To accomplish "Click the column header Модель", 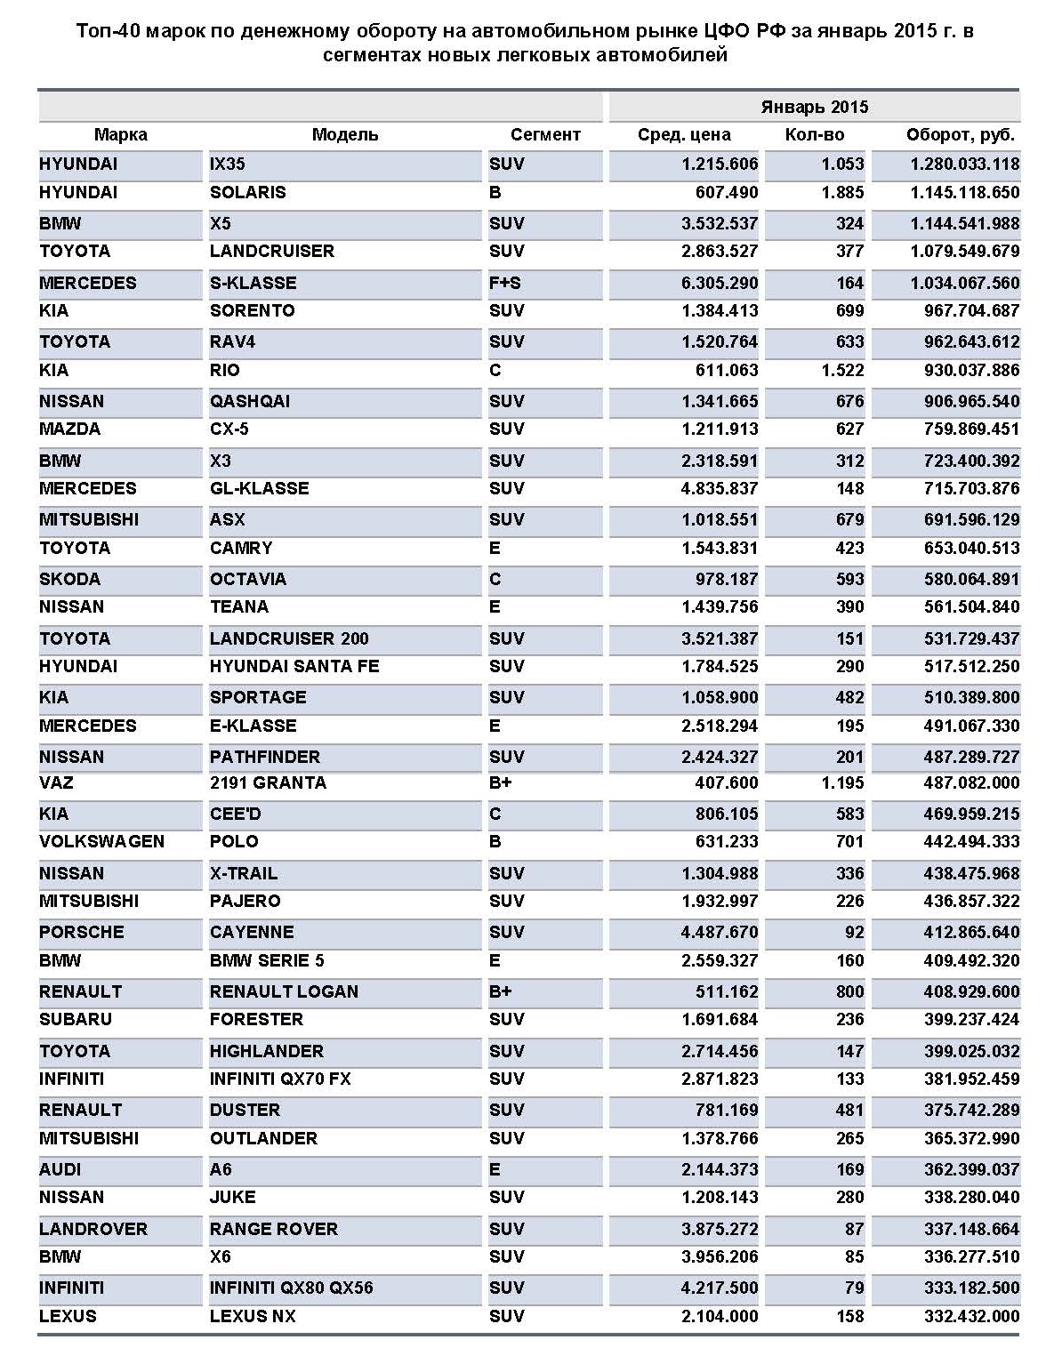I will tap(345, 135).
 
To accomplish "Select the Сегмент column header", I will tap(544, 135).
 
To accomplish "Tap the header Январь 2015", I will tap(814, 108).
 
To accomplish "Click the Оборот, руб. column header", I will tap(960, 135).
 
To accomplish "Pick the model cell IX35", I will tap(228, 164).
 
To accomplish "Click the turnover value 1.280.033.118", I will tap(964, 164).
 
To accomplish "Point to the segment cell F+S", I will tap(505, 284).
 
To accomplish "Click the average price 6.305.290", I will tap(720, 284).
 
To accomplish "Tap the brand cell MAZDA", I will tap(70, 429).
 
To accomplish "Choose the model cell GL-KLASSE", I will tap(260, 489).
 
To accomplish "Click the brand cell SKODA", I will tap(70, 580).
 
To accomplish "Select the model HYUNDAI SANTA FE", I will tap(294, 667).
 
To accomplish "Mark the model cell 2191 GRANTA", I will tap(268, 783).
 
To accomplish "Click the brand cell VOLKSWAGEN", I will tap(102, 842).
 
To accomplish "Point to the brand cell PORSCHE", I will tap(82, 933).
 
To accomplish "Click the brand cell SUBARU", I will tap(76, 1020).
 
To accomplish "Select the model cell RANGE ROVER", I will tap(274, 1230).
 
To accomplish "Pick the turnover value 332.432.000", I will tap(971, 1317).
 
